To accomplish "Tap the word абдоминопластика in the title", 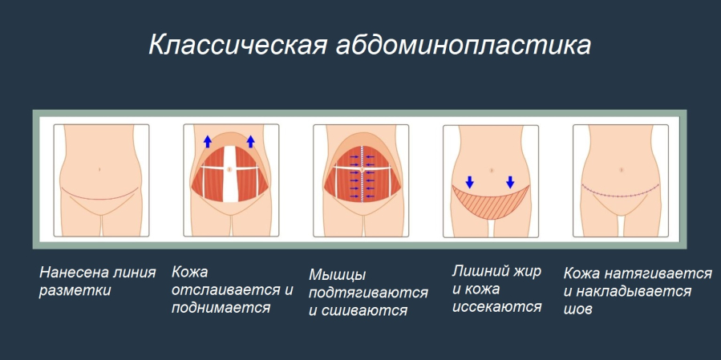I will click(x=459, y=45).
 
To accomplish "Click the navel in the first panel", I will click(x=98, y=169).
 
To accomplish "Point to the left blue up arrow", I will click(x=207, y=141).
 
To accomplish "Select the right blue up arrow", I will click(x=250, y=141).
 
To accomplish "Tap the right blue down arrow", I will click(x=510, y=180).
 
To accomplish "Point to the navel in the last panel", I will click(x=622, y=169).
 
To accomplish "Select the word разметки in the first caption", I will click(x=75, y=290).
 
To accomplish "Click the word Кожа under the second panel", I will click(x=189, y=272).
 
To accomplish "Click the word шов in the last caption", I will click(x=579, y=308).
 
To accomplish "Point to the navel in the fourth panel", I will click(x=490, y=169).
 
